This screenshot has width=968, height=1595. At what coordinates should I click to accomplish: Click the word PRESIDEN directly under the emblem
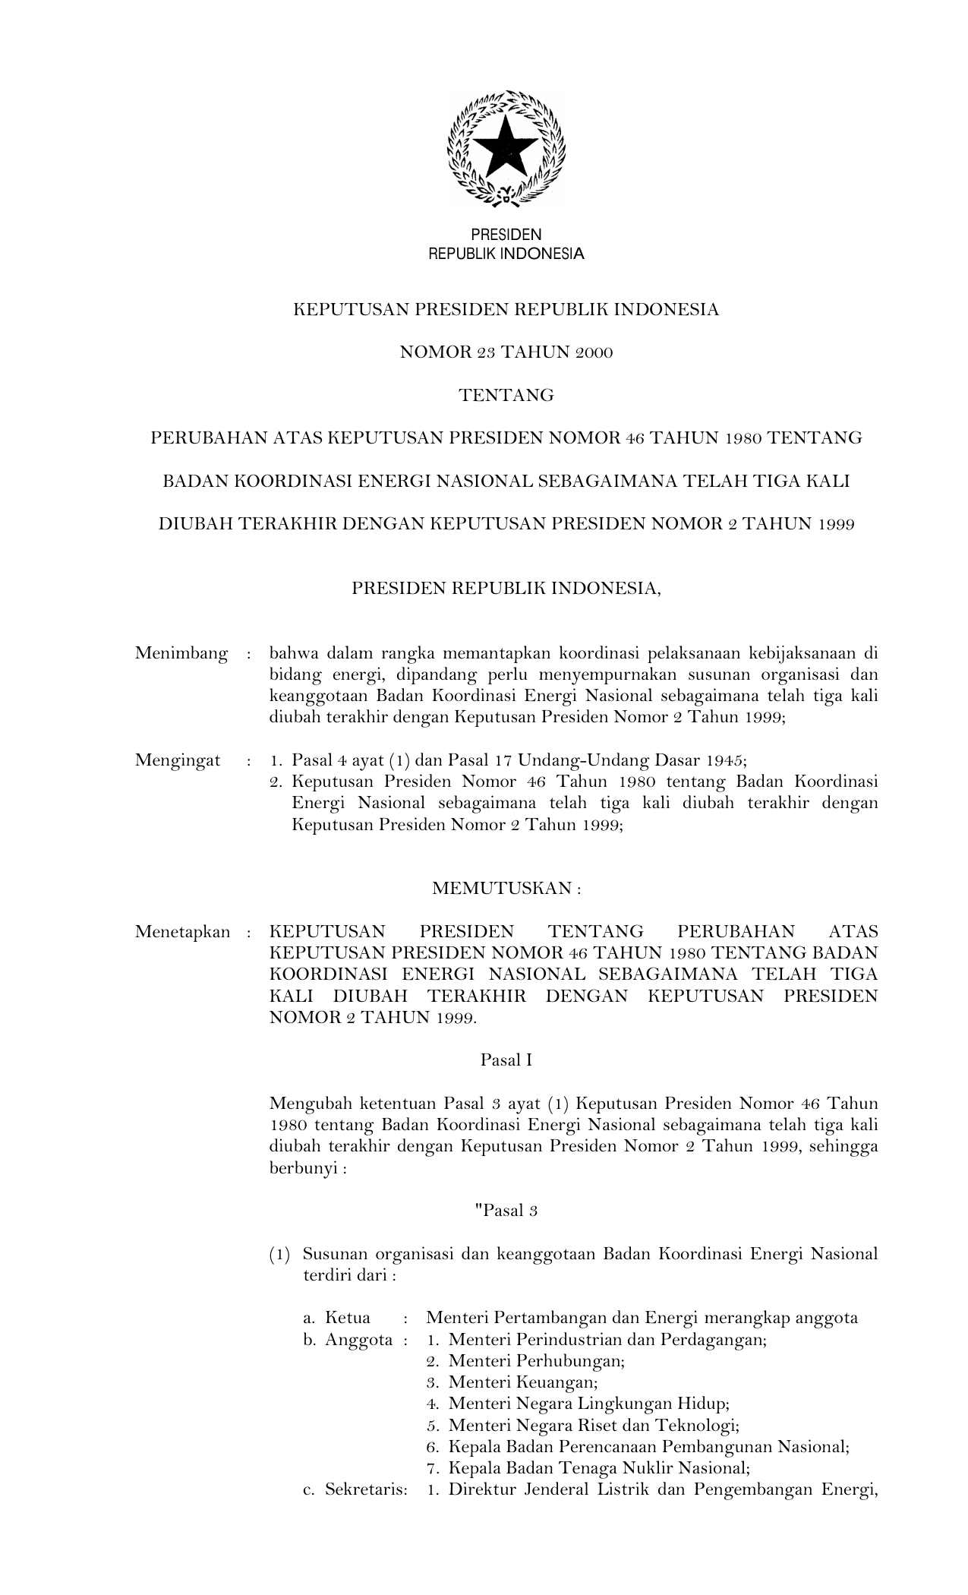[506, 235]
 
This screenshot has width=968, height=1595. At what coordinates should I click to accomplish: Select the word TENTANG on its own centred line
[506, 395]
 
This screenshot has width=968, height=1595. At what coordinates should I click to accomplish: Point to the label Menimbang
[181, 653]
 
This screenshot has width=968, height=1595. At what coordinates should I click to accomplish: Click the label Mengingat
[178, 760]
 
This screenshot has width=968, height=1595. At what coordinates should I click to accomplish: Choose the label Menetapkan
[182, 932]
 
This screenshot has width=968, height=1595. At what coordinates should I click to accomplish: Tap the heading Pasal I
[506, 1060]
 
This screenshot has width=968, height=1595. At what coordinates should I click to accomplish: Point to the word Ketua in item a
[348, 1318]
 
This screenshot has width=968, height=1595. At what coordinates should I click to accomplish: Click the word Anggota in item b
[358, 1339]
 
